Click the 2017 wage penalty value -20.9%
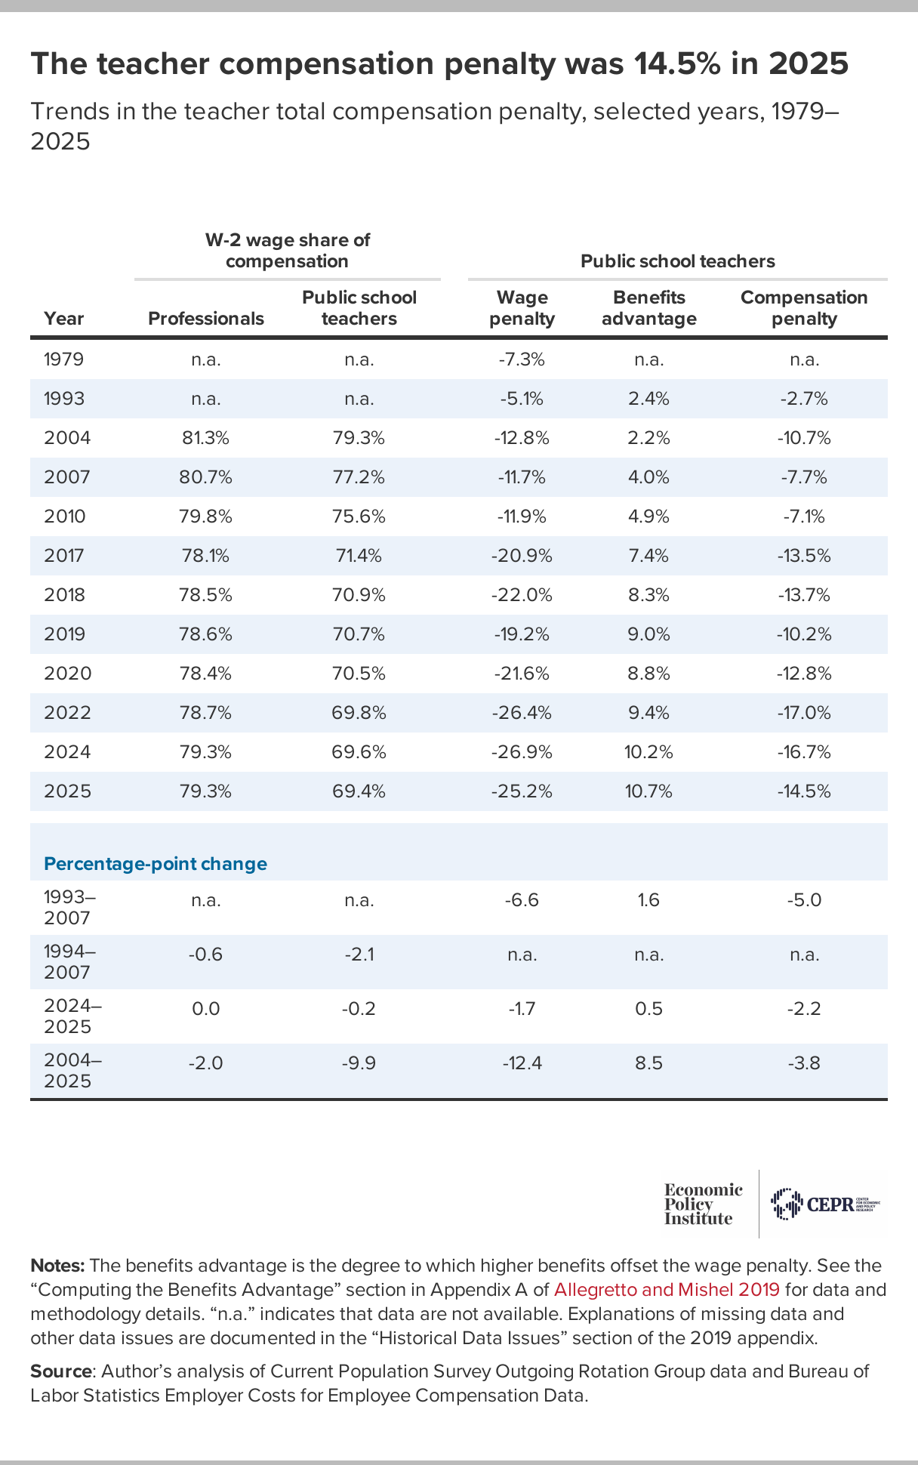522,556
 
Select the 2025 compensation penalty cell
804,791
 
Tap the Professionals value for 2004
206,438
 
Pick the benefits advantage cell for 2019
649,634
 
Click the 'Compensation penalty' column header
804,308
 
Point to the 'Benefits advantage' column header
649,308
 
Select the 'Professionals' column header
206,319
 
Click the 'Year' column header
64,319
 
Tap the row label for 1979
64,359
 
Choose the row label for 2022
68,713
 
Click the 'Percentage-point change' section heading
156,864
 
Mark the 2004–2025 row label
72,1071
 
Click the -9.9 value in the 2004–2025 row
359,1063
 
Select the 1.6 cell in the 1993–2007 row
649,900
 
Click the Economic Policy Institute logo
703,1204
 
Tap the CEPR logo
825,1204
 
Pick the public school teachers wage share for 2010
359,517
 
